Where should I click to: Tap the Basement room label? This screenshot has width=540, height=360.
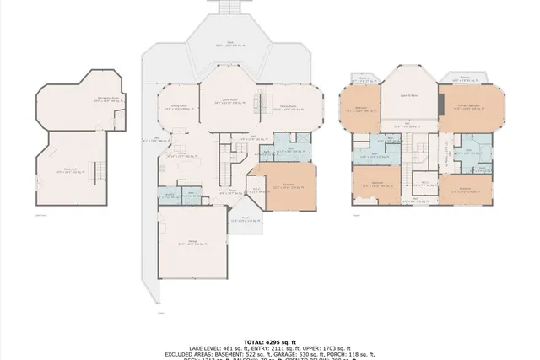pos(70,171)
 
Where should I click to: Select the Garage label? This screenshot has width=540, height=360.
pos(192,243)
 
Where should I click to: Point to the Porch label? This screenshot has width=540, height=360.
pos(245,219)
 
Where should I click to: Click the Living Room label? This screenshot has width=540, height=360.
pos(227,101)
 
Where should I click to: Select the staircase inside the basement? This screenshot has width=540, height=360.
pos(96,172)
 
